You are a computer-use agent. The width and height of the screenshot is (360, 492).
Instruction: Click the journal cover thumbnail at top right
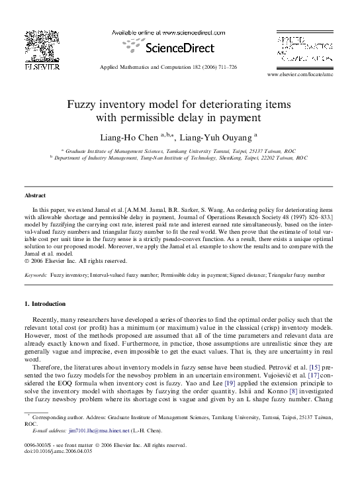pos(304,50)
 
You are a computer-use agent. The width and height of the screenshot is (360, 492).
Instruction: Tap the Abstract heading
pos(35,196)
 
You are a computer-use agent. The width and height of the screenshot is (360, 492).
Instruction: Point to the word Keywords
pos(36,274)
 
